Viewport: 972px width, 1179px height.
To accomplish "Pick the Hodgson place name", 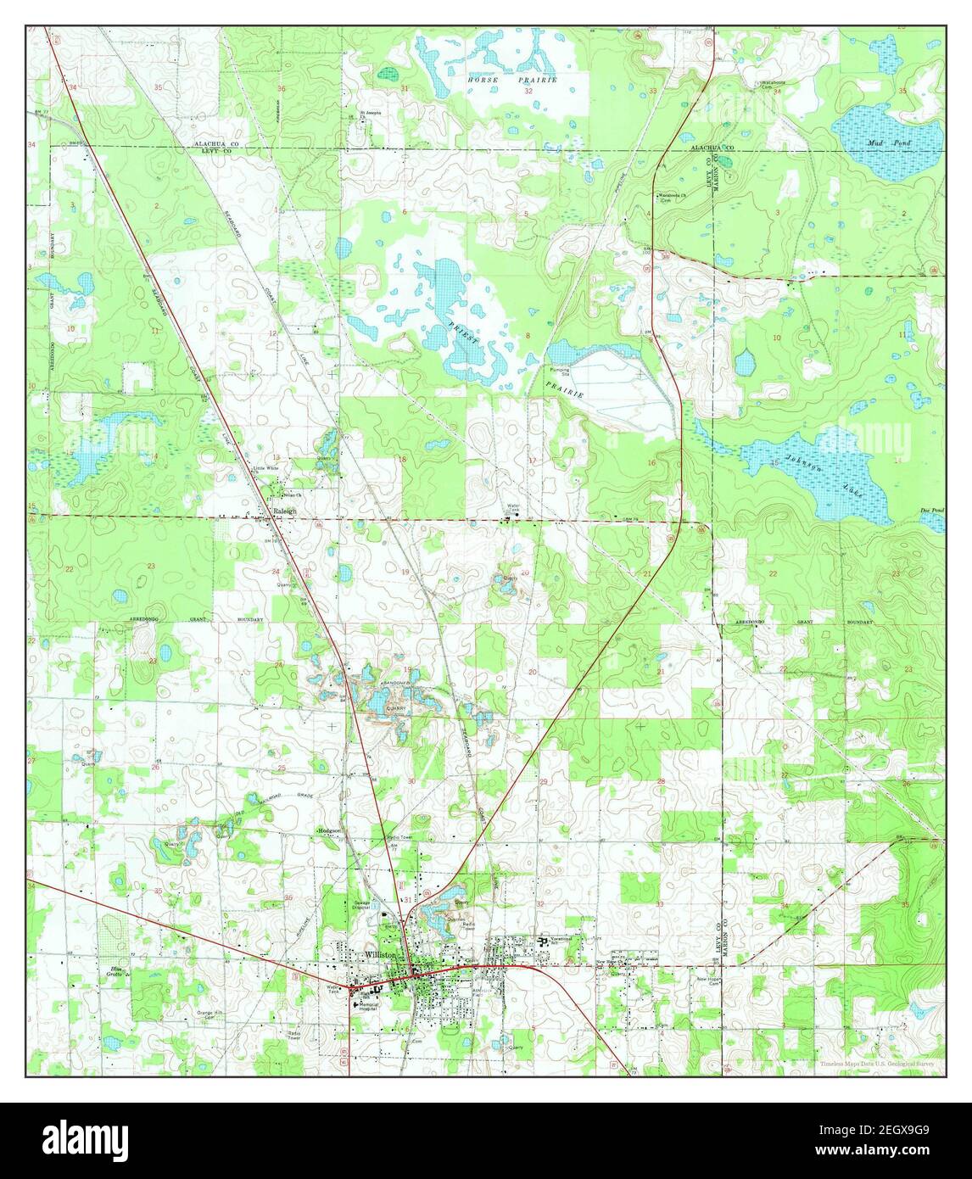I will [329, 830].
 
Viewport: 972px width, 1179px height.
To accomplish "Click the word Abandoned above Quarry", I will [396, 682].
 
